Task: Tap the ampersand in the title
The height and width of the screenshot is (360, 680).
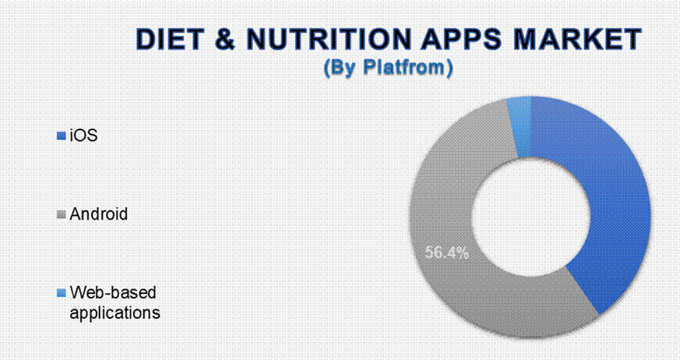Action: click(224, 39)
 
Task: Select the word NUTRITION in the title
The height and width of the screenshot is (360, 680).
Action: click(328, 39)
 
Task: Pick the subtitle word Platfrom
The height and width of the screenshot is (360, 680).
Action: click(404, 67)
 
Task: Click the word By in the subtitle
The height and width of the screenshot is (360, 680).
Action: click(342, 68)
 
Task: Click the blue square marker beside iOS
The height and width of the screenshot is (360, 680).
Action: click(62, 136)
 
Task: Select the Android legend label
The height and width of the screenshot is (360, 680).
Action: click(99, 214)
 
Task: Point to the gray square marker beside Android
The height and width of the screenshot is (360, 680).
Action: click(62, 214)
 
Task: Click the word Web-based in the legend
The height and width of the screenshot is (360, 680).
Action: click(113, 292)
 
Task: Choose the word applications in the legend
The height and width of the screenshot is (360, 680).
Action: click(115, 312)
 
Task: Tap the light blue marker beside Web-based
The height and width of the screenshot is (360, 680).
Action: click(62, 293)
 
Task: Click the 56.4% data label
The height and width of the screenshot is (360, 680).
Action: click(447, 253)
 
